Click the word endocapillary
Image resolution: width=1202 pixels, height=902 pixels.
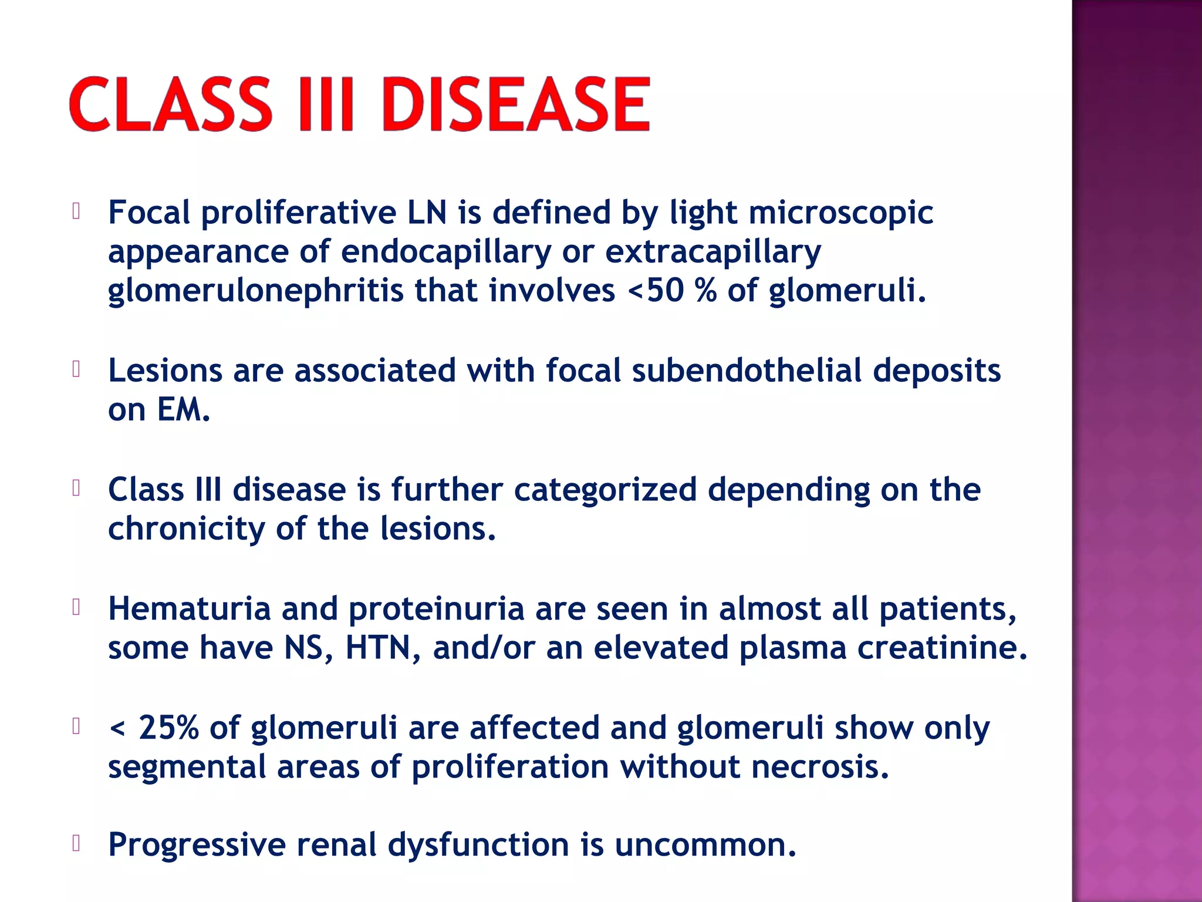pyautogui.click(x=446, y=253)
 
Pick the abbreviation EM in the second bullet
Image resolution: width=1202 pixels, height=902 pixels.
pyautogui.click(x=183, y=409)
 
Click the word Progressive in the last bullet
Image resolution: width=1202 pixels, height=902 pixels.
pyautogui.click(x=197, y=846)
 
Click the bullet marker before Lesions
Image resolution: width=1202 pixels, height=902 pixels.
pyautogui.click(x=76, y=369)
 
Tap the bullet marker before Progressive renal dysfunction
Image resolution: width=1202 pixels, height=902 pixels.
pyautogui.click(x=76, y=843)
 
